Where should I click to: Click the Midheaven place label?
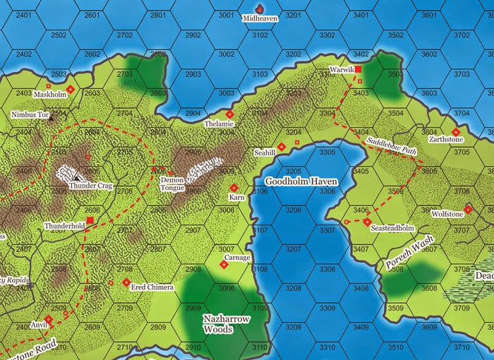pyautogui.click(x=260, y=19)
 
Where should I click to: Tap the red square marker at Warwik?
pyautogui.click(x=358, y=69)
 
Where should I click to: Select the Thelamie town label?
pyautogui.click(x=218, y=124)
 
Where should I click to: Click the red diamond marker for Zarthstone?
pyautogui.click(x=455, y=131)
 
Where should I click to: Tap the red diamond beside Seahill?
pyautogui.click(x=281, y=147)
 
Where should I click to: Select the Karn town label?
pyautogui.click(x=236, y=198)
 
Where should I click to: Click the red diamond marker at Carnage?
pyautogui.click(x=224, y=265)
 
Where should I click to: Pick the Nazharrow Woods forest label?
pyautogui.click(x=227, y=324)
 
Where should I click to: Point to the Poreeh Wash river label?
pyautogui.click(x=409, y=255)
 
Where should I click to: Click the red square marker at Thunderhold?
pyautogui.click(x=90, y=220)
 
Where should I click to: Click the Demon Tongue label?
pyautogui.click(x=172, y=184)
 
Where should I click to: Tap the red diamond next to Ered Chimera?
pyautogui.click(x=126, y=282)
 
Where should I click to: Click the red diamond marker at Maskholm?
pyautogui.click(x=71, y=89)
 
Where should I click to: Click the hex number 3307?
pyautogui.click(x=327, y=231)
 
